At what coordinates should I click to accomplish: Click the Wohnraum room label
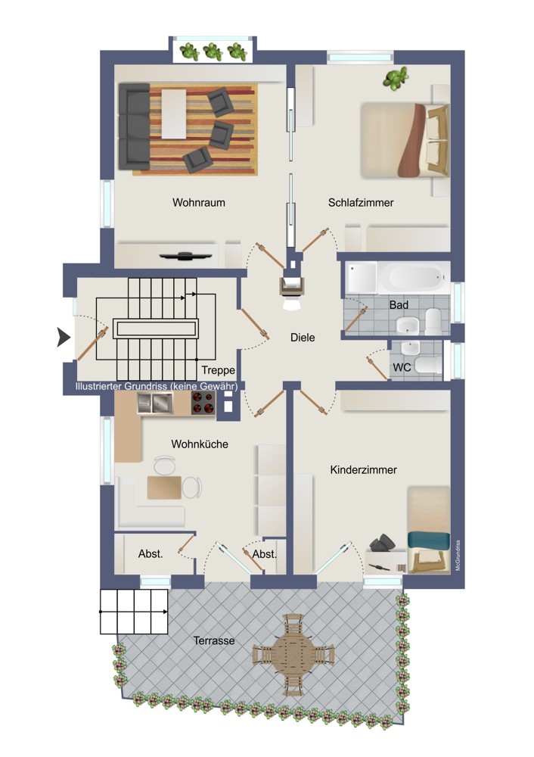pyautogui.click(x=199, y=202)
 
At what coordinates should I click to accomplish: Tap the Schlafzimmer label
pyautogui.click(x=361, y=203)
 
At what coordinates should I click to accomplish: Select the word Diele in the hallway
pyautogui.click(x=303, y=338)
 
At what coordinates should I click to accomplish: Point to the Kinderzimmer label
pyautogui.click(x=364, y=470)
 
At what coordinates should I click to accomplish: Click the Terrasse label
pyautogui.click(x=214, y=640)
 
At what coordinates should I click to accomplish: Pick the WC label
pyautogui.click(x=402, y=367)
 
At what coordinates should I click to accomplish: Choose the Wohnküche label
pyautogui.click(x=200, y=444)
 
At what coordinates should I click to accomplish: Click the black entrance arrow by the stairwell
pyautogui.click(x=64, y=337)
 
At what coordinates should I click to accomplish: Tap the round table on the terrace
pyautogui.click(x=293, y=655)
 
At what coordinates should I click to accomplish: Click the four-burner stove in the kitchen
pyautogui.click(x=203, y=403)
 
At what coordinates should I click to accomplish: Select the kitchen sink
pyautogui.click(x=155, y=403)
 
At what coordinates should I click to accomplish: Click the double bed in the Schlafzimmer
pyautogui.click(x=405, y=140)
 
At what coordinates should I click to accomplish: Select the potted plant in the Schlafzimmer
pyautogui.click(x=396, y=78)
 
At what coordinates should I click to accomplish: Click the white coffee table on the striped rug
pyautogui.click(x=174, y=114)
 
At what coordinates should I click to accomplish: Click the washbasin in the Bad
pyautogui.click(x=408, y=326)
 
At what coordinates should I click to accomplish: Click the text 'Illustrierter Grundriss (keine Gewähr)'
pyautogui.click(x=157, y=386)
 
